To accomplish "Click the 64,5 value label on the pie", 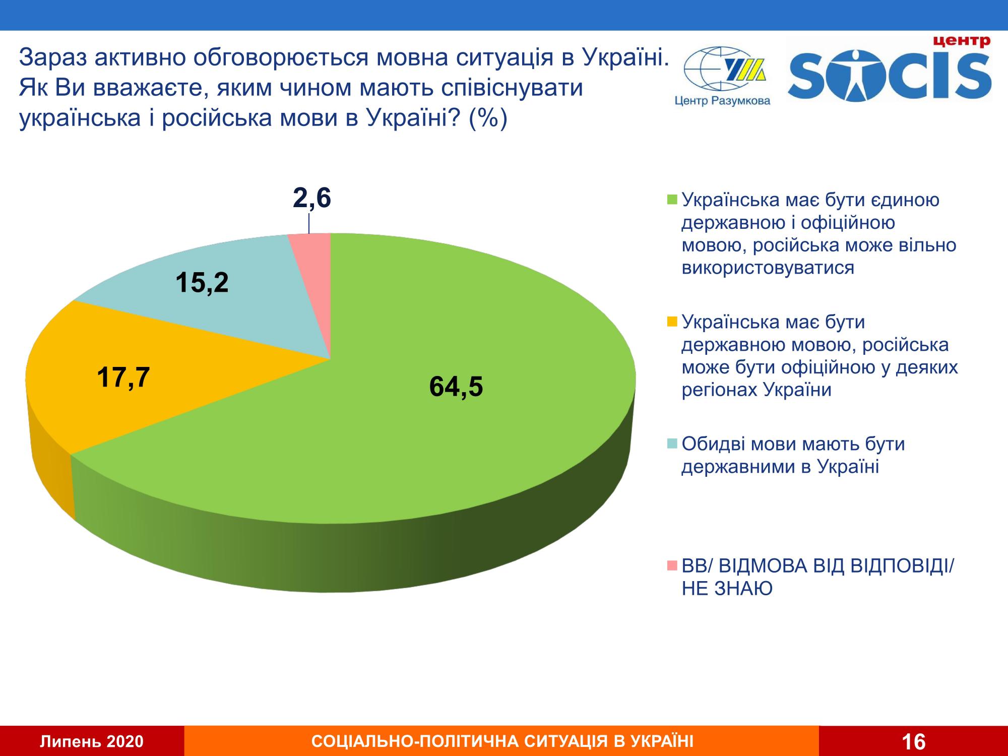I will click(456, 387).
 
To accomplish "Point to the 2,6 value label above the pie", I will click(311, 198).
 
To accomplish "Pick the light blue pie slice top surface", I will click(242, 312).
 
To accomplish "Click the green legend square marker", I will click(672, 200).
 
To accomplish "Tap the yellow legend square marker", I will click(672, 322).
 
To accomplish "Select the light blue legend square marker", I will click(672, 444).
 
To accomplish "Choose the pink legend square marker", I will click(672, 566).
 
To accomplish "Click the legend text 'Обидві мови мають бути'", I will click(793, 444).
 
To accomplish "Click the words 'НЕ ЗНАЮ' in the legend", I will click(727, 589).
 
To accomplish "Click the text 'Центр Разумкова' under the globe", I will click(722, 101).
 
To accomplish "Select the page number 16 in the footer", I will click(913, 741).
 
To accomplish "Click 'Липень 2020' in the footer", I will click(92, 741).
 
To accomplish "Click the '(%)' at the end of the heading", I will click(487, 119).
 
